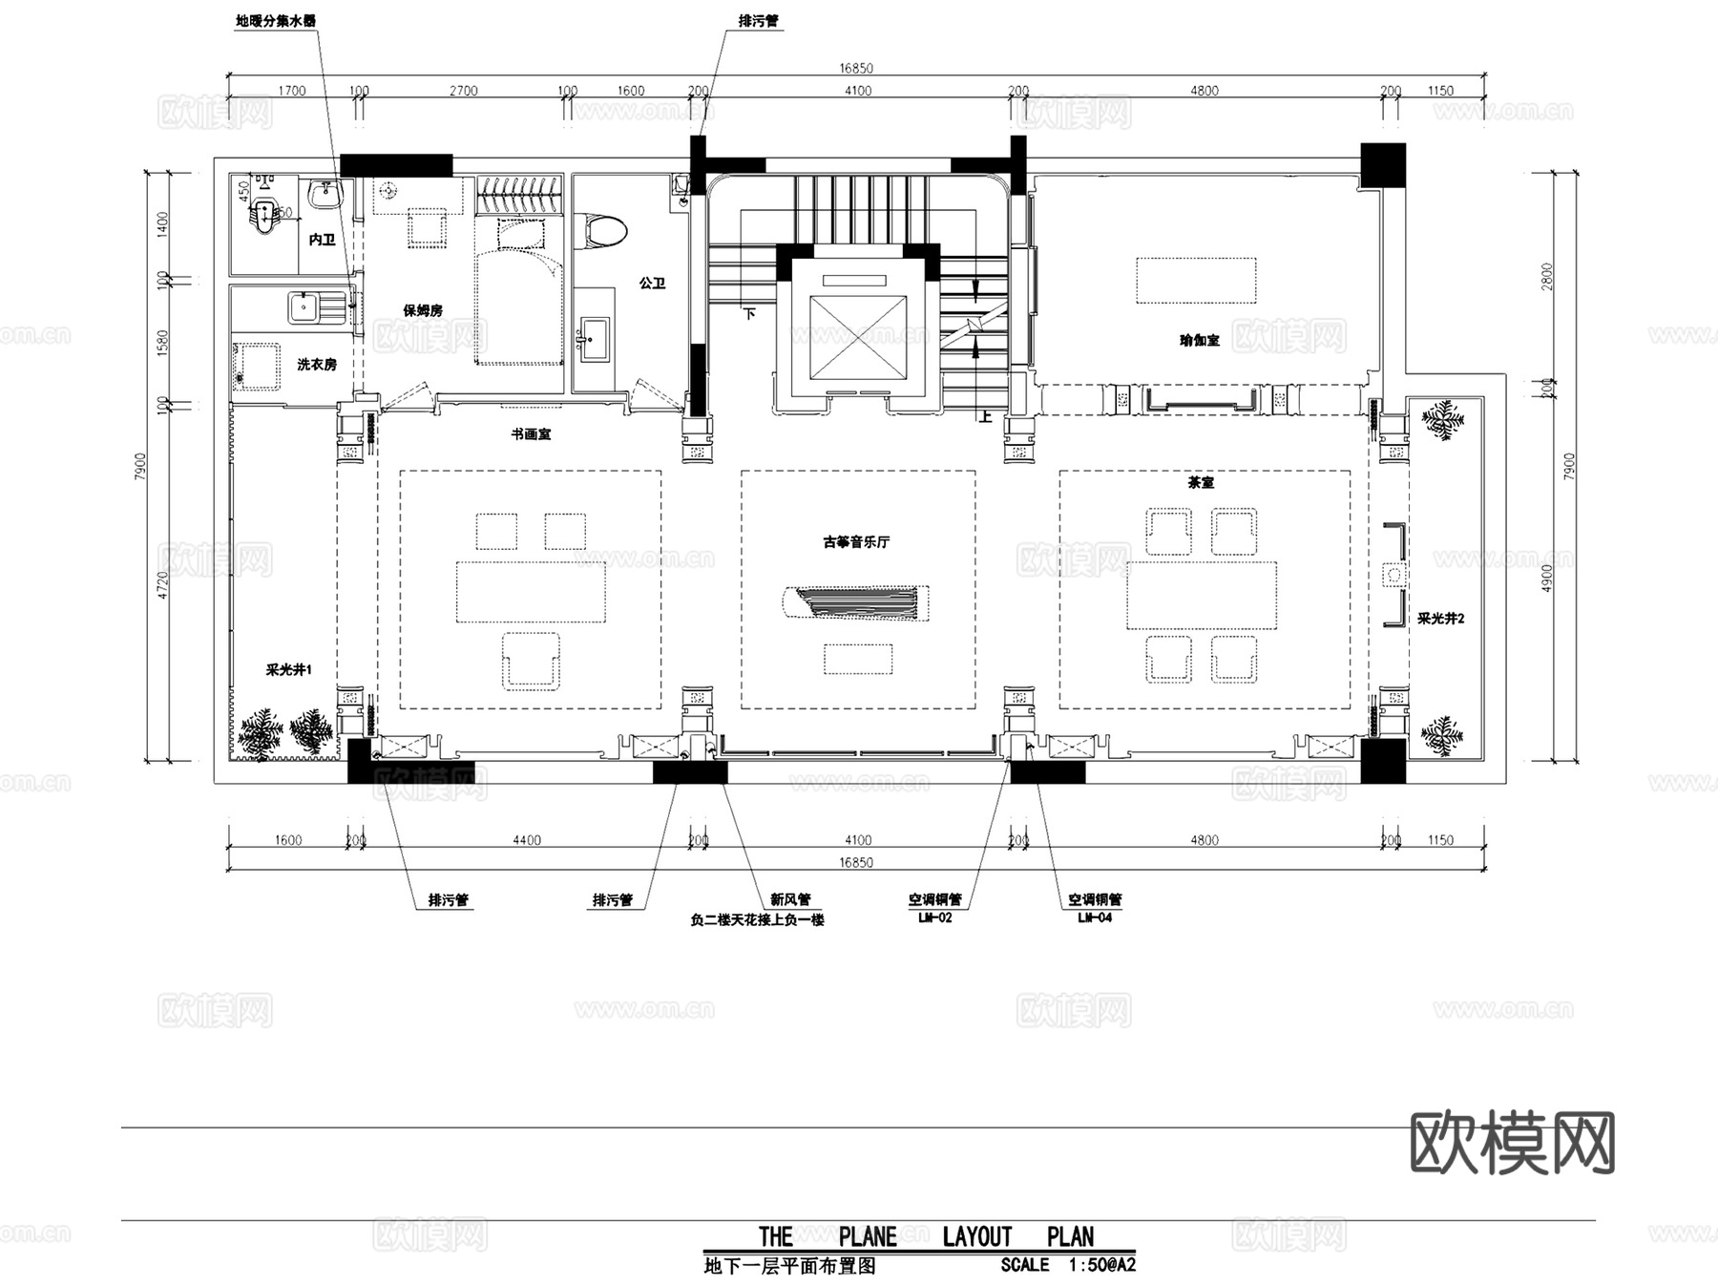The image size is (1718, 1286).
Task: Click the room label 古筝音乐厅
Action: [x=856, y=542]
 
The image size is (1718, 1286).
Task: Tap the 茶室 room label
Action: [x=1201, y=483]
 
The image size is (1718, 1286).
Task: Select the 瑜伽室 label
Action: [x=1200, y=340]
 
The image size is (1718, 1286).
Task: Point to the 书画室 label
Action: [x=531, y=434]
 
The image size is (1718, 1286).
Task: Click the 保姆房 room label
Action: [x=423, y=310]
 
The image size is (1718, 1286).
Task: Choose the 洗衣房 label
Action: [x=316, y=365]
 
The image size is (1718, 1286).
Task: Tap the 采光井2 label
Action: [x=1440, y=619]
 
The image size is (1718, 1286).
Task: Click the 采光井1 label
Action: [x=288, y=670]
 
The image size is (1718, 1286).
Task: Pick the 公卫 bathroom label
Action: [x=653, y=284]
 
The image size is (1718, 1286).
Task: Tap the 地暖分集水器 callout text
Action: [x=276, y=21]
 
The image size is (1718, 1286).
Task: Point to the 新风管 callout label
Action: [x=790, y=899]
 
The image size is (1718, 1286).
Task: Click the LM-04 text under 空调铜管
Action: [x=1095, y=917]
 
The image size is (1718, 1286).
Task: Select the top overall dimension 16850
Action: [x=856, y=68]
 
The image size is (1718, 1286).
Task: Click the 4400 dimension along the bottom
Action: [x=527, y=840]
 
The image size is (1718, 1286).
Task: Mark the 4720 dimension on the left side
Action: [x=162, y=584]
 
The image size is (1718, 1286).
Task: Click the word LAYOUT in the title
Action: [x=976, y=1237]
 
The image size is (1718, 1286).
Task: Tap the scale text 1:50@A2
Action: [x=1102, y=1266]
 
